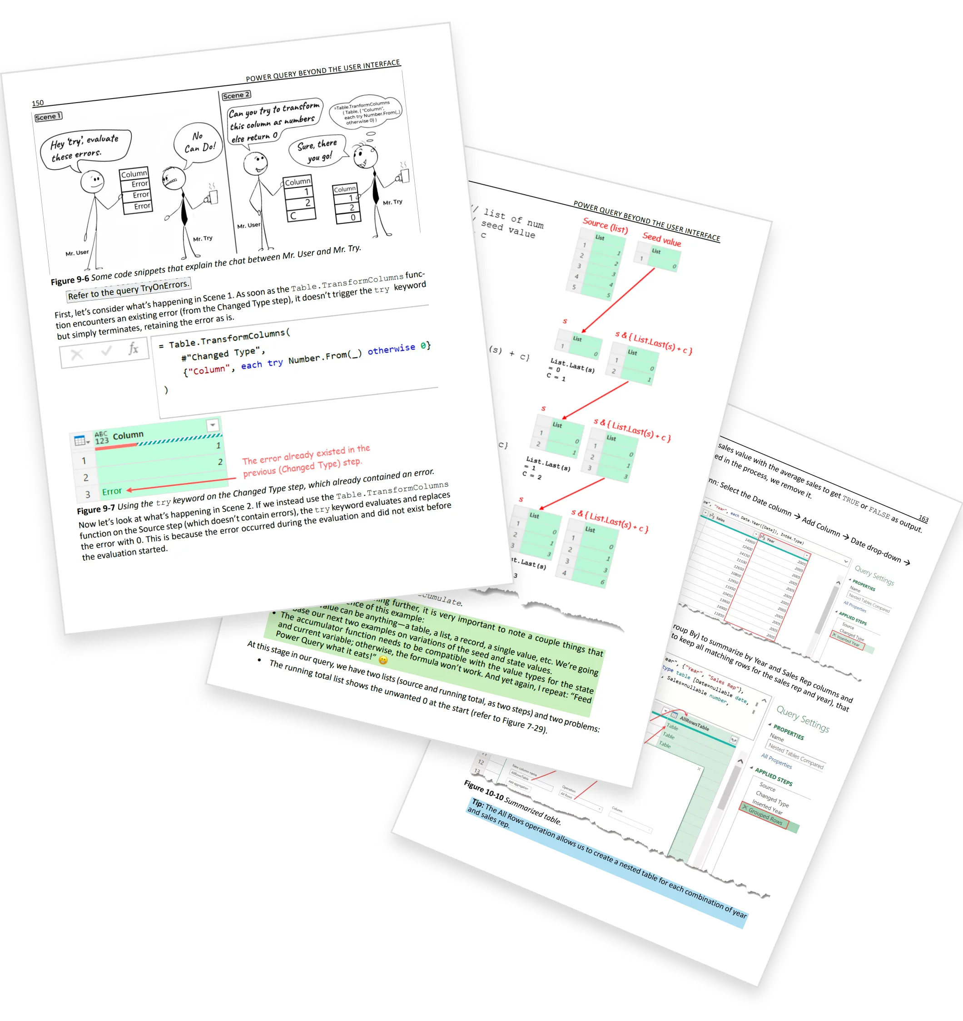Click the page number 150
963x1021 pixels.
click(x=38, y=103)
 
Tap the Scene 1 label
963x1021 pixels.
click(x=48, y=117)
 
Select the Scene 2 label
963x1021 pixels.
click(x=236, y=95)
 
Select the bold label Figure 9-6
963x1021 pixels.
click(x=69, y=280)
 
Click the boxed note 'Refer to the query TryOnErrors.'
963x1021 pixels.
click(x=129, y=290)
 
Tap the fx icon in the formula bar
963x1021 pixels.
click(x=133, y=349)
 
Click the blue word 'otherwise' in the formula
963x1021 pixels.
click(x=391, y=349)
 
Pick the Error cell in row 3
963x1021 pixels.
click(x=111, y=492)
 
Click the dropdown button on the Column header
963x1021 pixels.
click(x=212, y=425)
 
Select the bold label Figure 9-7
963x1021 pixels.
click(x=95, y=509)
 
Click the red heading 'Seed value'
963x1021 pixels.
click(x=661, y=239)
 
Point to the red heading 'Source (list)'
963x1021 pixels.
click(x=605, y=225)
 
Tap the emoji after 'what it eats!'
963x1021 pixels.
click(x=383, y=660)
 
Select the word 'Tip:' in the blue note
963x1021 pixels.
click(x=477, y=803)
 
